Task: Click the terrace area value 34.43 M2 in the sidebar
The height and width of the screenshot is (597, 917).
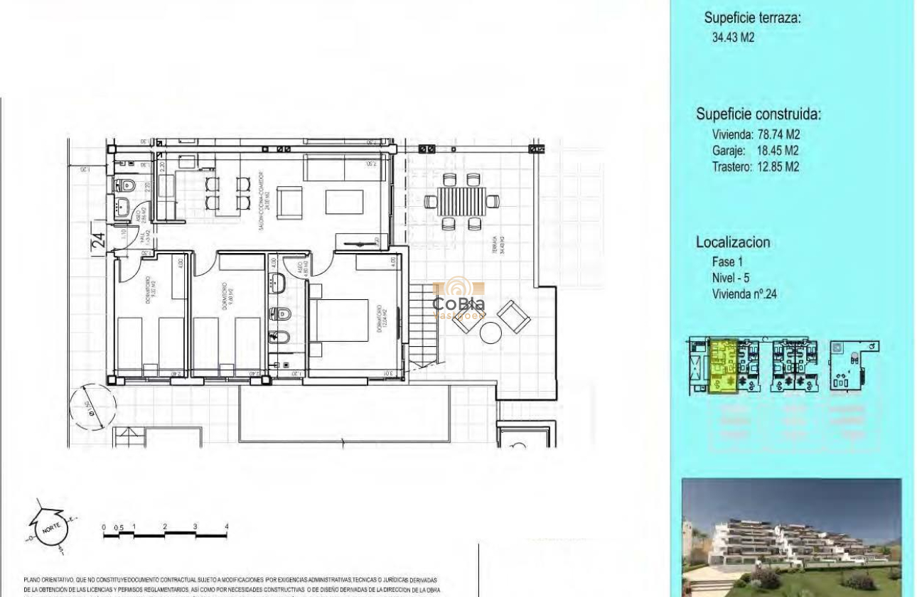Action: pos(733,38)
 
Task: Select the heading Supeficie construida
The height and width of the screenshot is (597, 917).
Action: pos(758,114)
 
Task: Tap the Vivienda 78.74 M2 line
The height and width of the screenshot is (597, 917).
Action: pos(756,134)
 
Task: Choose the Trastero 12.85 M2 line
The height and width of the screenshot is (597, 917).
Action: pos(755,167)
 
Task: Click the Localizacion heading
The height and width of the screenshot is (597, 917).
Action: pos(732,242)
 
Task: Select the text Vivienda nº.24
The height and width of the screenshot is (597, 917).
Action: pos(744,294)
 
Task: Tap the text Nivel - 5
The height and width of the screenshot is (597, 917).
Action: pos(730,278)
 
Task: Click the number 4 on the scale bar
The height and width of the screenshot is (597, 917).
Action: pos(227,527)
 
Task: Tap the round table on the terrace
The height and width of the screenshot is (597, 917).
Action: pos(491,332)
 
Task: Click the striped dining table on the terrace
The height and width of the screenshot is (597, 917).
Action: pos(461,201)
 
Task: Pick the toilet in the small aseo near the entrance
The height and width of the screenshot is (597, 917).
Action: pos(126,186)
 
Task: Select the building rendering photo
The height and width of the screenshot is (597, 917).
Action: pos(791,537)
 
